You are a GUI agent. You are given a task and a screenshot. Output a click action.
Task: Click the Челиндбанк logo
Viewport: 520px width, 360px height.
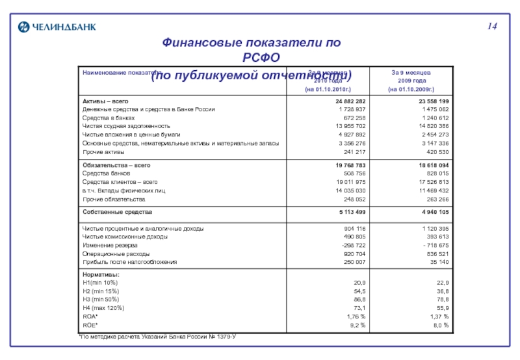(x=47, y=26)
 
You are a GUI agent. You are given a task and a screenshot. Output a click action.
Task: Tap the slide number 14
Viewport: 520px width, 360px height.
(x=492, y=26)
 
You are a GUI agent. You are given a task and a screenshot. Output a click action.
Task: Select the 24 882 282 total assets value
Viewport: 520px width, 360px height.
(x=350, y=102)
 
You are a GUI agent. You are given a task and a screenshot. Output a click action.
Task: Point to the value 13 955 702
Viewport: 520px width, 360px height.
(x=350, y=125)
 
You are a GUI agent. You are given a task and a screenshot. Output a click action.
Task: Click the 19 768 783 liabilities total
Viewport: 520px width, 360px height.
(x=350, y=166)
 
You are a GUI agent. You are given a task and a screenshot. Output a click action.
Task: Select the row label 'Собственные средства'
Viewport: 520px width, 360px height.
(x=117, y=212)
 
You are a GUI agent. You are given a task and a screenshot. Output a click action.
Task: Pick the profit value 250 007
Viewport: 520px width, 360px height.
(x=354, y=262)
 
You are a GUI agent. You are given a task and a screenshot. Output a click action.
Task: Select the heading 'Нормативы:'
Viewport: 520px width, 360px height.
(x=101, y=275)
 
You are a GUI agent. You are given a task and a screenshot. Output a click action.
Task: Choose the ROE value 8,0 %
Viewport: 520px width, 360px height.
(x=441, y=324)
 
